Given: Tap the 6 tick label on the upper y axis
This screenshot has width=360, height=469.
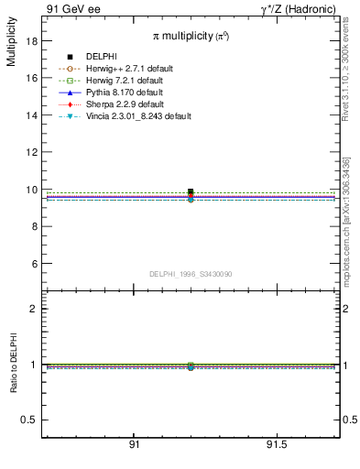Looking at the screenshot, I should click(x=34, y=264).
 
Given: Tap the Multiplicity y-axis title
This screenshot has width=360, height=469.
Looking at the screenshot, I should click(x=11, y=45).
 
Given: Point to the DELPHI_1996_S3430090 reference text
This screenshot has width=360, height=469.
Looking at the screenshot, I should click(x=191, y=274).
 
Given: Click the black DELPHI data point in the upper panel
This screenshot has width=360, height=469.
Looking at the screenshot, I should click(x=191, y=192).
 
